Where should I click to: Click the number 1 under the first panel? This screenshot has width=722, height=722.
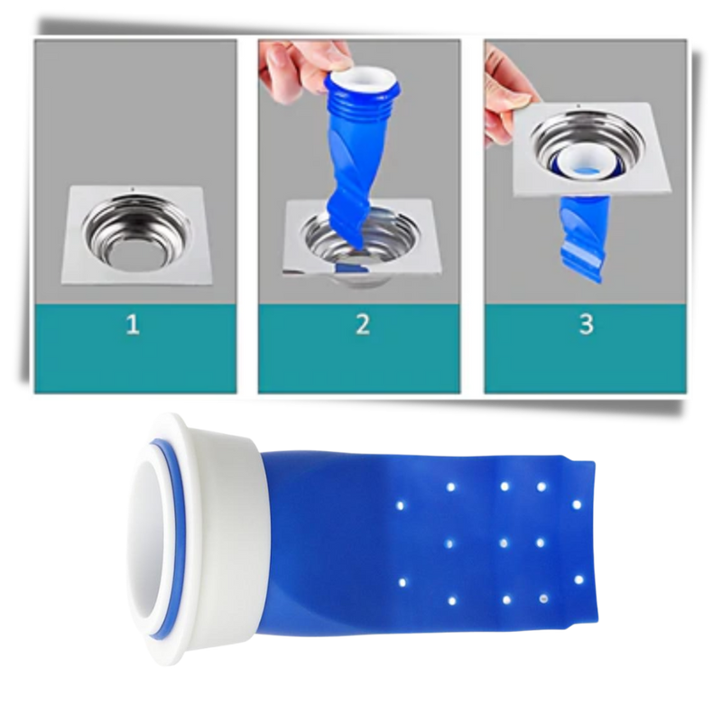133,324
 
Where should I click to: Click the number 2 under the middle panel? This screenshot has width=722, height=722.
363,324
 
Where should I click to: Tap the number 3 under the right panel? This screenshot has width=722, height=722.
586,324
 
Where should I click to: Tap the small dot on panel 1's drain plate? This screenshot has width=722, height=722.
133,189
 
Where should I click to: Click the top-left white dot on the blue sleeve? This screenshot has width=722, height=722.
400,505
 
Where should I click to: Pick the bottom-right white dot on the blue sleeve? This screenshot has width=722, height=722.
543,598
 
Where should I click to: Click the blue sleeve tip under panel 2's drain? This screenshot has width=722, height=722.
348,269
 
